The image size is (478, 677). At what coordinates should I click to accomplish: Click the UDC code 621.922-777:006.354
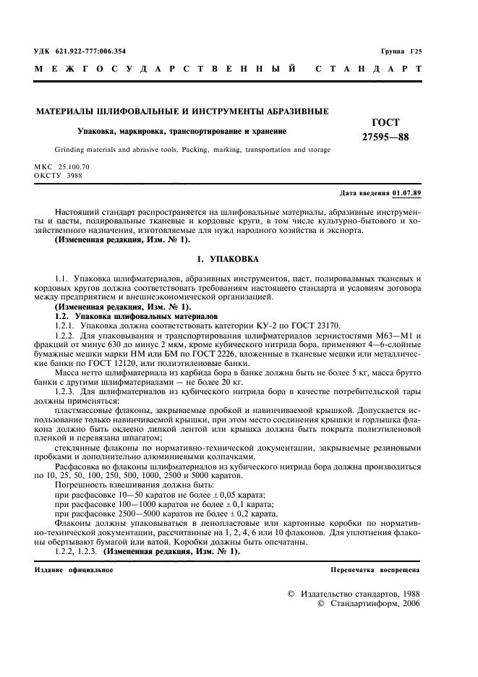(x=90, y=51)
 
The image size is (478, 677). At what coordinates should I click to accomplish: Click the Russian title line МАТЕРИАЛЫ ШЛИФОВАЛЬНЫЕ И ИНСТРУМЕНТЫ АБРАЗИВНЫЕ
(x=182, y=111)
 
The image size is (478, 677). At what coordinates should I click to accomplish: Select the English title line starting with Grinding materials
(x=182, y=150)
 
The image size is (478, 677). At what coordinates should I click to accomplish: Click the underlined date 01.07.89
(x=406, y=194)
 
